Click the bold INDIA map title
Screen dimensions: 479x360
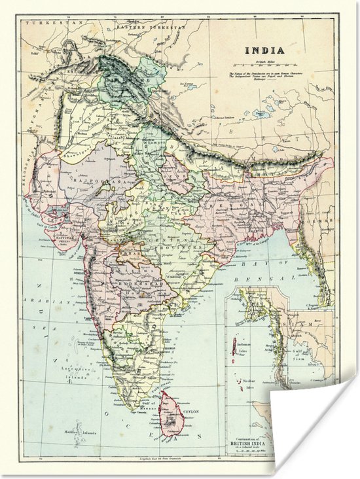(264, 50)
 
